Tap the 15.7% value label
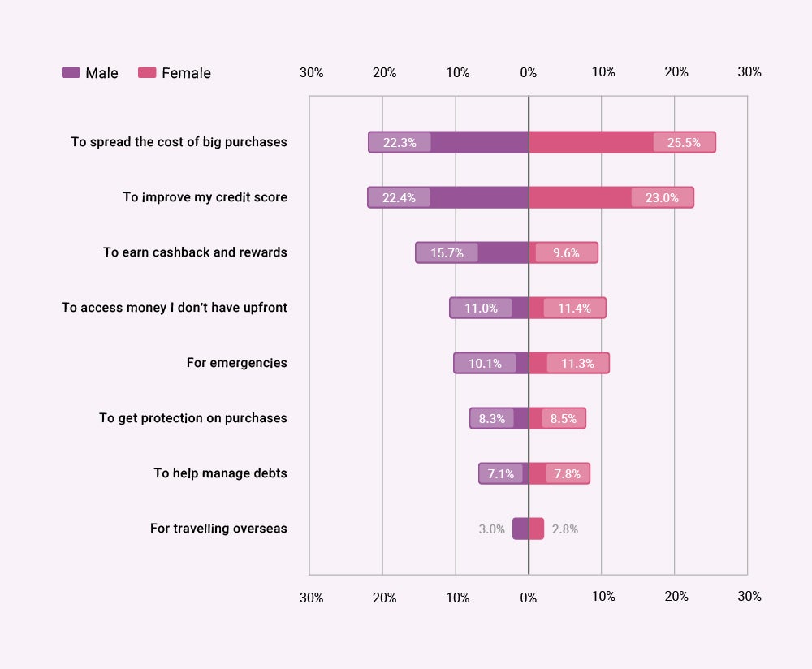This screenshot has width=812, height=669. (x=447, y=252)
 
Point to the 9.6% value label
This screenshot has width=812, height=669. (x=566, y=252)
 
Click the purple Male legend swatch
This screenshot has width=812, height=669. (x=71, y=73)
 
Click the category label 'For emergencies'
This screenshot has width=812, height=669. (x=236, y=363)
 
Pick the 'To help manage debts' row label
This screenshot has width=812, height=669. (x=220, y=473)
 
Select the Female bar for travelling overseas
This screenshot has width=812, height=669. (x=537, y=529)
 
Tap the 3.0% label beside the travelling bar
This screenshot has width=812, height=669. (x=492, y=529)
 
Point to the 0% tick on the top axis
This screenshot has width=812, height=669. (x=529, y=72)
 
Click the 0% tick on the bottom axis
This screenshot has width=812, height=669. (x=529, y=598)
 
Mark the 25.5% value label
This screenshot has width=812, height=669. (x=684, y=142)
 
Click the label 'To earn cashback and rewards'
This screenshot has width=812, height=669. (x=195, y=252)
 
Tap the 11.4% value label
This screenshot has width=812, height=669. (x=574, y=308)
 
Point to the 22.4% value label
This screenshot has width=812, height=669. (x=399, y=197)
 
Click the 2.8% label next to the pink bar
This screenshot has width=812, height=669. (x=565, y=529)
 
